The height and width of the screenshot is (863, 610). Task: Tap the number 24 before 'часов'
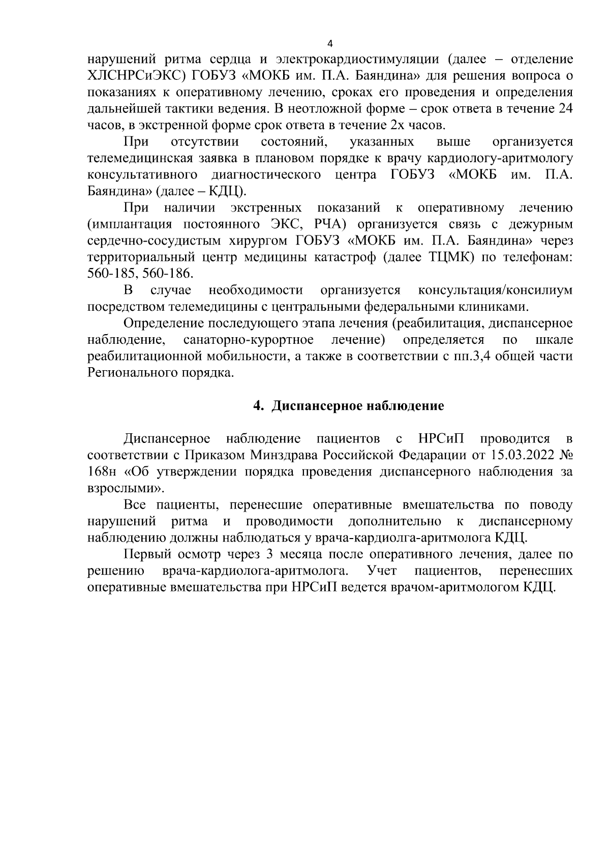pyautogui.click(x=565, y=108)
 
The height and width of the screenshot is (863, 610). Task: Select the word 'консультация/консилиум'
pyautogui.click(x=495, y=290)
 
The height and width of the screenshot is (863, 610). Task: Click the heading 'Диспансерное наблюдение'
pyautogui.click(x=358, y=406)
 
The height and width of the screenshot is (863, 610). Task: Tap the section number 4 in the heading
pyautogui.click(x=258, y=406)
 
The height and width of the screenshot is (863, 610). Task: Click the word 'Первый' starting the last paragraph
pyautogui.click(x=145, y=554)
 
